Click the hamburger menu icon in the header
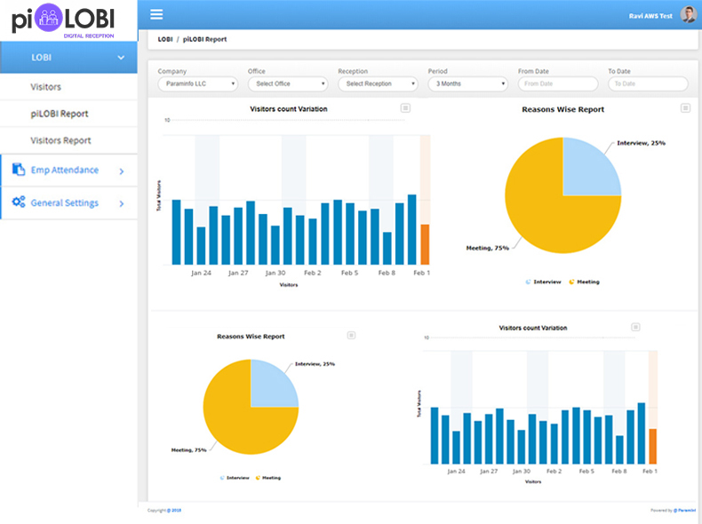coord(156,14)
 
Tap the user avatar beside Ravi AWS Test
coord(688,14)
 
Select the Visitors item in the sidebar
coord(46,87)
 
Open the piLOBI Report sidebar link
coord(59,114)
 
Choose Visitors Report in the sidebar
coord(60,140)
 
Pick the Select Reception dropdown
coord(377,83)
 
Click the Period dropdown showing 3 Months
coord(467,83)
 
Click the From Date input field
coord(557,83)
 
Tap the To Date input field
coord(647,83)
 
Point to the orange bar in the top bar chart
coord(425,244)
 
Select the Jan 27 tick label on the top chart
coord(238,274)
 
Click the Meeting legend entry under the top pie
coord(585,282)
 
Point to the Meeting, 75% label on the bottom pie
coord(188,450)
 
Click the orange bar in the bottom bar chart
coord(653,446)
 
